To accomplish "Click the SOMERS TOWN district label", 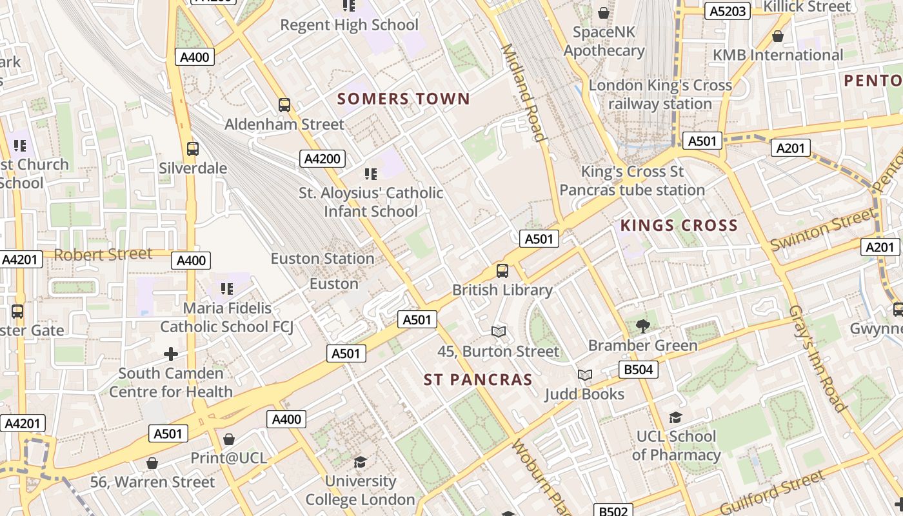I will pyautogui.click(x=404, y=99).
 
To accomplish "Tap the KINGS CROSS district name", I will pyautogui.click(x=679, y=226).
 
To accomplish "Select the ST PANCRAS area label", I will pyautogui.click(x=478, y=380).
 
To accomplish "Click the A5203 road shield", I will pyautogui.click(x=727, y=11).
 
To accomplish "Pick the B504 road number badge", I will pyautogui.click(x=638, y=370).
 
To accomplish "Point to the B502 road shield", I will pyautogui.click(x=612, y=511).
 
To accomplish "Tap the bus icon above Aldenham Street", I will pyautogui.click(x=284, y=104).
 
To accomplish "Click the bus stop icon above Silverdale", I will pyautogui.click(x=192, y=148).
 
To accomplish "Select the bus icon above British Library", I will pyautogui.click(x=502, y=271).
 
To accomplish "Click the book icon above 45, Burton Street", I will pyautogui.click(x=498, y=332).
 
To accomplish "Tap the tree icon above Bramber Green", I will pyautogui.click(x=642, y=326).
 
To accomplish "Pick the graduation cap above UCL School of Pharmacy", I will pyautogui.click(x=675, y=417).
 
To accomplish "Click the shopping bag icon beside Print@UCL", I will pyautogui.click(x=228, y=439).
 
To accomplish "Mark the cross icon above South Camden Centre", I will pyautogui.click(x=171, y=353).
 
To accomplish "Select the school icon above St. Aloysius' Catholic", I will pyautogui.click(x=370, y=174).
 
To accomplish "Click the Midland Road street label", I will pyautogui.click(x=523, y=92).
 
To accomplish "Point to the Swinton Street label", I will pyautogui.click(x=823, y=230).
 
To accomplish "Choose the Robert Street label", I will pyautogui.click(x=103, y=255).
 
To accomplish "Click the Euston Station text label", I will pyautogui.click(x=322, y=259).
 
